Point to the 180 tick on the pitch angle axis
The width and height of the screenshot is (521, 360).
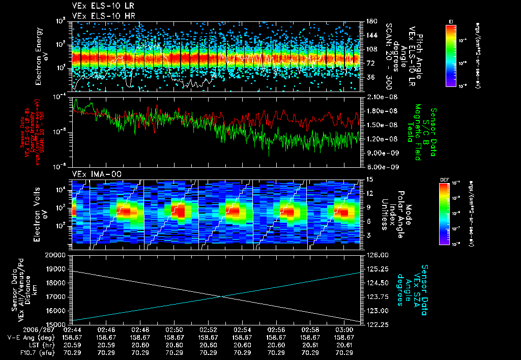(x=370, y=21)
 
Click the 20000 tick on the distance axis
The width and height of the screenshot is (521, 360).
(x=57, y=255)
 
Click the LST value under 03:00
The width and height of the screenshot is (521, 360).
(x=345, y=345)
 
